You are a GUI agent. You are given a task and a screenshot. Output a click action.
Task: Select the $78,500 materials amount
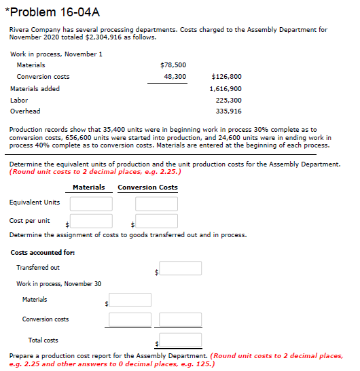pos(173,65)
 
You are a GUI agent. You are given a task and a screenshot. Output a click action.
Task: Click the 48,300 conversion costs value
pos(175,77)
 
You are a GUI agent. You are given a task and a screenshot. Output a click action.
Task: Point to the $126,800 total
pos(226,77)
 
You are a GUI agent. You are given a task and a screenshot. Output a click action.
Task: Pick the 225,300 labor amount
pos(229,100)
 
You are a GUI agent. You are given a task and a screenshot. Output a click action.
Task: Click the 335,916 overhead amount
pos(229,111)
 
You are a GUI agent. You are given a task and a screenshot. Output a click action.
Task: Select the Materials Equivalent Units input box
pos(90,203)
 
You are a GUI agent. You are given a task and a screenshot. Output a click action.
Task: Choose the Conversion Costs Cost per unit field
pos(156,221)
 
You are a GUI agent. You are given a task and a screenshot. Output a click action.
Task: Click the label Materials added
pos(35,88)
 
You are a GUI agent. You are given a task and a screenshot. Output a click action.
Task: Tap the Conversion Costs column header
pos(147,188)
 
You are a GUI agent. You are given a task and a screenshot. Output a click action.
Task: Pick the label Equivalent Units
pos(34,202)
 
